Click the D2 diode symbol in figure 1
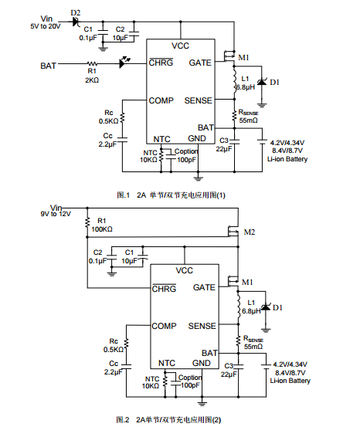(76, 22)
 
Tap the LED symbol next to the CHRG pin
(124, 63)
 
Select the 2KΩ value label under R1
(92, 80)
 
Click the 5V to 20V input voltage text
(46, 26)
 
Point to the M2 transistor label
(250, 232)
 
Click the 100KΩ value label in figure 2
(102, 229)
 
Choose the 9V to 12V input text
(56, 214)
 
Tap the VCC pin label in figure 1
(180, 46)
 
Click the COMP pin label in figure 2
(164, 326)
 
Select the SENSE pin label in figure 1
(199, 100)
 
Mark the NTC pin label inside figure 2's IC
(167, 363)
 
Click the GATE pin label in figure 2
(204, 287)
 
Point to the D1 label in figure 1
(275, 82)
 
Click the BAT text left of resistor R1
(48, 66)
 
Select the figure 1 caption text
(171, 195)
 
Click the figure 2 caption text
(168, 420)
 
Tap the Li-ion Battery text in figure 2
(290, 381)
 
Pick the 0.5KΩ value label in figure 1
(108, 121)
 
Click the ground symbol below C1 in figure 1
(103, 49)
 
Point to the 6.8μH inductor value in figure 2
(251, 311)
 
